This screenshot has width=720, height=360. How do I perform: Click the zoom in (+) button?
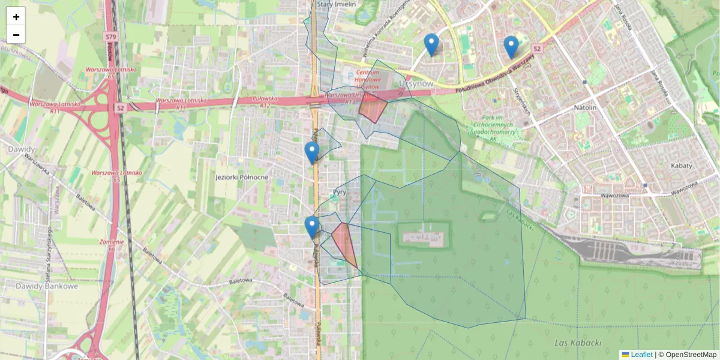click(16, 17)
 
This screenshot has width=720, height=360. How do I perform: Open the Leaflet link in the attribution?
click(641, 355)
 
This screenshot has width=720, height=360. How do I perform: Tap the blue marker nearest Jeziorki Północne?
click(311, 152)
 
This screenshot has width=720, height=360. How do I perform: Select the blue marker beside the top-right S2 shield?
click(511, 46)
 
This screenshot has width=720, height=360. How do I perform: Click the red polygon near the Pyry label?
click(344, 243)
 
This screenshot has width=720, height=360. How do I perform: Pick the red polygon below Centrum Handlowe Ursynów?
click(372, 110)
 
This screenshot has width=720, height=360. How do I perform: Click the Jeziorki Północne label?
click(242, 178)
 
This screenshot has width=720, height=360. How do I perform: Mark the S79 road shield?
click(110, 37)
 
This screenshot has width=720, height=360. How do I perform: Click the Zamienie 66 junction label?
click(112, 245)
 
